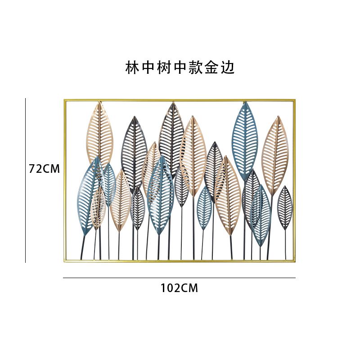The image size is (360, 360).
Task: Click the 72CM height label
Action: point(44,169)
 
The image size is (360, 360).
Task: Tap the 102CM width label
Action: point(179,288)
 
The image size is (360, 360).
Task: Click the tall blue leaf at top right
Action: point(245,140)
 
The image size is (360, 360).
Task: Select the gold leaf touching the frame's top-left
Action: point(99,135)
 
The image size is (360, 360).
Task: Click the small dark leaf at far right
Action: point(285,208)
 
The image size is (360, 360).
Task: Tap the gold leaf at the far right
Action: point(275,156)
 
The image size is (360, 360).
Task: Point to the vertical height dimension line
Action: point(25,180)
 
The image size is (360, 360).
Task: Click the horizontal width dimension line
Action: point(179,278)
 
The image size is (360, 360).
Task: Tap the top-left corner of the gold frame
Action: point(64,100)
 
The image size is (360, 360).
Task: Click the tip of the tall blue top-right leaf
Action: point(246,102)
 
